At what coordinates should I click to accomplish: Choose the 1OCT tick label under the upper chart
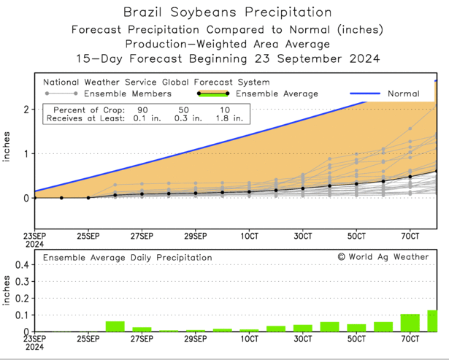coord(249,237)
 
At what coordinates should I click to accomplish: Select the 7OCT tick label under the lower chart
coord(410,340)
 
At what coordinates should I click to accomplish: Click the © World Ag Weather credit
coord(383,257)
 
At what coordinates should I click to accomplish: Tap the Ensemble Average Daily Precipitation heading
coord(127,258)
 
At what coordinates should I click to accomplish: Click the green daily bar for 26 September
coord(115,326)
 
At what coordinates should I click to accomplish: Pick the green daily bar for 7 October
coord(410,323)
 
